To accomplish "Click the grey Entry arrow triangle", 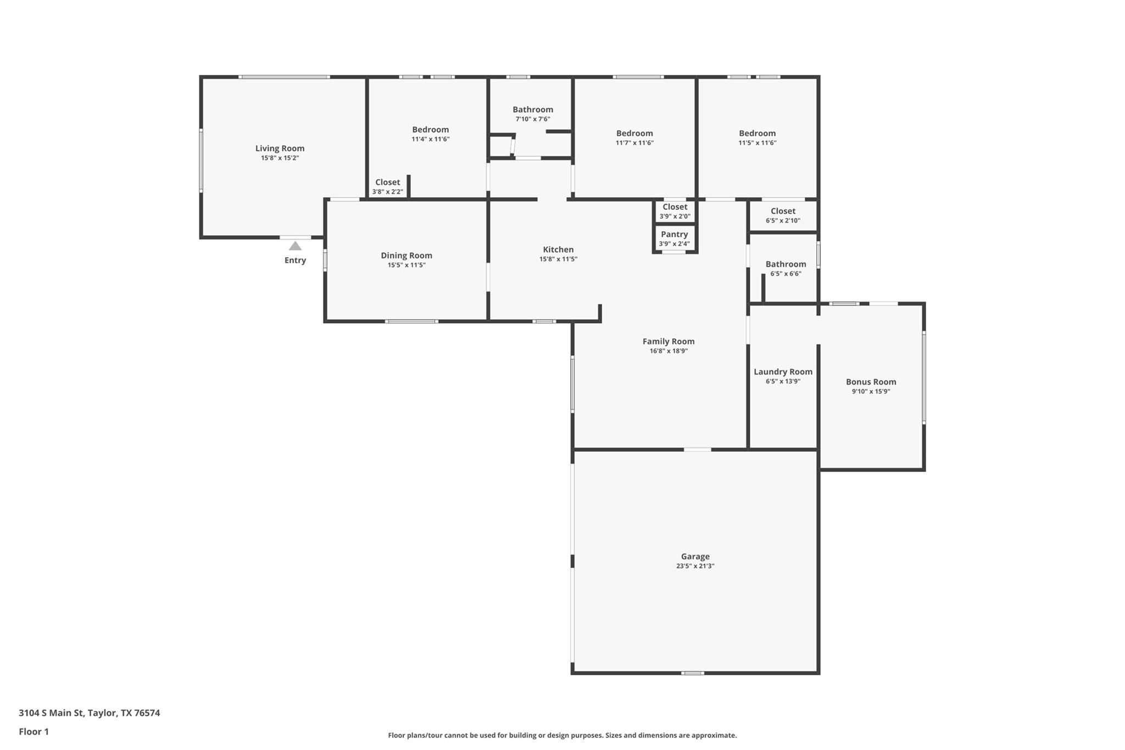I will pos(295,246).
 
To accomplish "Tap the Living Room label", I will pos(280,148).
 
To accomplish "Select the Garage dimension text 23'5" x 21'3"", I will pos(695,566).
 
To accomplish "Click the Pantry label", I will pos(674,235).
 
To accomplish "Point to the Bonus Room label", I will pos(871,382).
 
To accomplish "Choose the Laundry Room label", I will pos(783,372).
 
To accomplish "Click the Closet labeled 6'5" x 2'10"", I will pos(783,212).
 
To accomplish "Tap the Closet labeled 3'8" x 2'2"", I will pos(387,182).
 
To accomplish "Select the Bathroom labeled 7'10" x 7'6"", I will pos(533,110).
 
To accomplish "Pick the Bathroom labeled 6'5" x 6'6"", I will pos(786,264).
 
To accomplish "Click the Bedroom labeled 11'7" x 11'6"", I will pos(634,134).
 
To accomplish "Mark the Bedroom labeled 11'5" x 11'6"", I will pos(757,134).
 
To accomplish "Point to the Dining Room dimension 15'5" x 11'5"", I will pos(406,265).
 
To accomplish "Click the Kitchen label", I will pos(558,249).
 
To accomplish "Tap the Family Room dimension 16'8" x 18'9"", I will pos(669,351).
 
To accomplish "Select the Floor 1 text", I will pos(34,731).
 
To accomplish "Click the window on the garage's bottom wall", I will pos(693,673).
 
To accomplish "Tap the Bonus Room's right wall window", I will pos(924,377).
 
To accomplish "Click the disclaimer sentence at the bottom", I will pos(562,735).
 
